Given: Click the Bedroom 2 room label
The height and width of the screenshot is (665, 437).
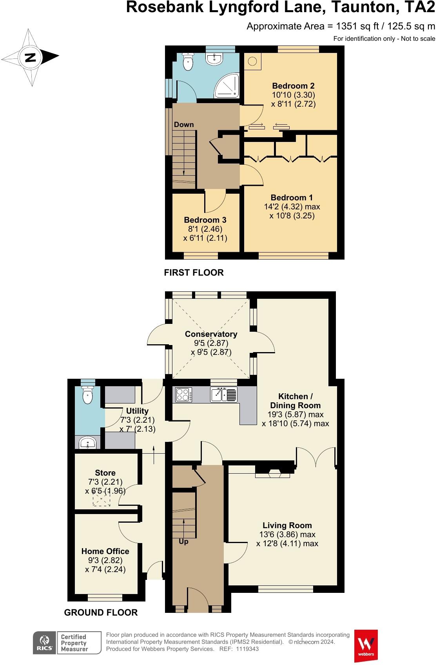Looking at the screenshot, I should (x=293, y=86).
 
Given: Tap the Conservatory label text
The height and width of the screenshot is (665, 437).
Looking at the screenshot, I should (x=211, y=334).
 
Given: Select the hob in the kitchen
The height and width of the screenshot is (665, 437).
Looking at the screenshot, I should (x=183, y=394).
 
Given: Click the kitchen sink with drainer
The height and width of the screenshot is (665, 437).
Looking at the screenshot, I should (x=224, y=394).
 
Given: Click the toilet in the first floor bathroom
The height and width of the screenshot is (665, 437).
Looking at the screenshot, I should (x=189, y=62).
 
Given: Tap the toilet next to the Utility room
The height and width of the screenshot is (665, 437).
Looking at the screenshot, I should (x=88, y=395).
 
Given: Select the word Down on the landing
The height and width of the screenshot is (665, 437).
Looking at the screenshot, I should (x=184, y=125).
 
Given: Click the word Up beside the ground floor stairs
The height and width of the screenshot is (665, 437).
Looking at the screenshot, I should (x=183, y=541).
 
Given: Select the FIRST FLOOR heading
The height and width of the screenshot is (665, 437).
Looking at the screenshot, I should (x=194, y=273).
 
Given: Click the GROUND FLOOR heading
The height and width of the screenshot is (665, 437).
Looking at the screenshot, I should (x=101, y=612).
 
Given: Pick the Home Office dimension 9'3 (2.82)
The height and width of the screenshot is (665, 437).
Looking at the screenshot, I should (x=105, y=560).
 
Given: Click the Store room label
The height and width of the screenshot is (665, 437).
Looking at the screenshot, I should (x=105, y=473).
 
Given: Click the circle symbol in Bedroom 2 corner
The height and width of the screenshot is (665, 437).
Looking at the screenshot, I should (x=253, y=61).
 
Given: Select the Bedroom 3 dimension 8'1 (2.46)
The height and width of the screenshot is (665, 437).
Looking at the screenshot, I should (x=205, y=229).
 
